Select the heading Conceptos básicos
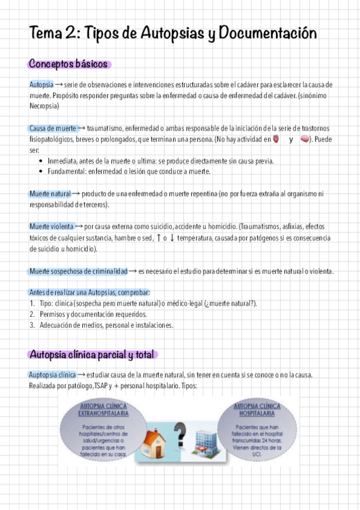point(68,64)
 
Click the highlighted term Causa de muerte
point(52,129)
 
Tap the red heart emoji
point(276,140)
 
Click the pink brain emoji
point(305,140)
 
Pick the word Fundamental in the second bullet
point(67,172)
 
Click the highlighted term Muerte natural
point(50,194)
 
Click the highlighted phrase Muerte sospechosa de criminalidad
point(78,271)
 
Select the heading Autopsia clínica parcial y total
point(92,354)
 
